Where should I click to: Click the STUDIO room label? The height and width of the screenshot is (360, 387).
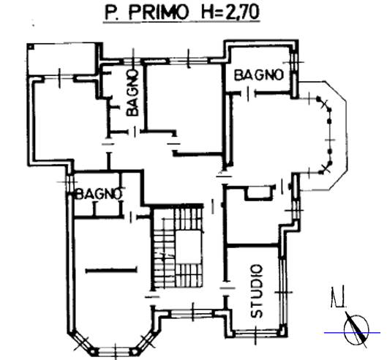coord(257,291)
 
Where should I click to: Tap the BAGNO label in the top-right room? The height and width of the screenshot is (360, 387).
coord(259,75)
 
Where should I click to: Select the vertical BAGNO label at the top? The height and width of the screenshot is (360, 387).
coord(132,93)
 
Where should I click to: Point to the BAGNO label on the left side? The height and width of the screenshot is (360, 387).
coord(99,194)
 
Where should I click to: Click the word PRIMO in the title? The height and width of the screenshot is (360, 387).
coord(158,12)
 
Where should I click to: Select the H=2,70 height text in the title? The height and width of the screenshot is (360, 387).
coord(230,12)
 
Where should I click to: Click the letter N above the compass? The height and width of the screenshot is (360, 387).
coord(338,298)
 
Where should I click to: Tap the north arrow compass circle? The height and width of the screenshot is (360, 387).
coord(356,329)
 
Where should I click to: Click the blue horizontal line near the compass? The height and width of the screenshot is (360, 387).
coord(352,333)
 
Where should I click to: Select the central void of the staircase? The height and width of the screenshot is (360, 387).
coord(189,247)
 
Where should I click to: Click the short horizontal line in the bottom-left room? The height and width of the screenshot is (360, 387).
coord(111,271)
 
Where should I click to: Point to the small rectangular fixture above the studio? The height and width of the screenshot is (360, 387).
coord(259,193)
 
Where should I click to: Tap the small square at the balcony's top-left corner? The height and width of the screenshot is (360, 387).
coord(30,46)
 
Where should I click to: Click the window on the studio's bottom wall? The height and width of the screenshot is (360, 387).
coord(257,334)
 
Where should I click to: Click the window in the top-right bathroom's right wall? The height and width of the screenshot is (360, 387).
coord(293,62)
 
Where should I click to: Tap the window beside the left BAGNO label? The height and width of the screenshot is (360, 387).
coord(69,183)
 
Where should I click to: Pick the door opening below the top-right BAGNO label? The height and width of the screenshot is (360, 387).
coord(249,94)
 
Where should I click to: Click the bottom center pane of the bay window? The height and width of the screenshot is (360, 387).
coord(115,351)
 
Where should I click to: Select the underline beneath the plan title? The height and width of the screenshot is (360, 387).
coord(181,23)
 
